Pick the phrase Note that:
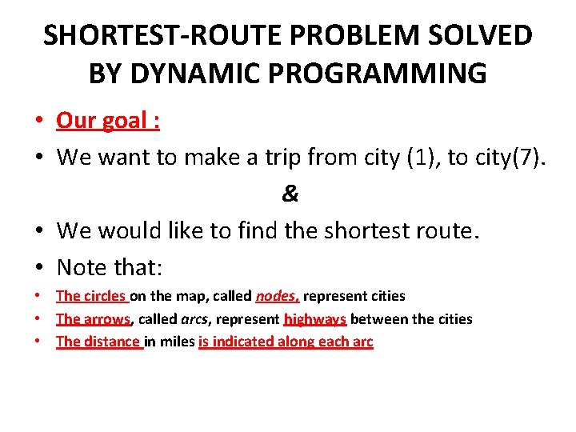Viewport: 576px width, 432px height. [110, 266]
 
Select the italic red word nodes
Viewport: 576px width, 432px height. [277, 296]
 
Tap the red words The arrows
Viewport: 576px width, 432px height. [93, 319]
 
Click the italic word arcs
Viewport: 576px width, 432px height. [194, 319]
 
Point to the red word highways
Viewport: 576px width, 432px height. [314, 319]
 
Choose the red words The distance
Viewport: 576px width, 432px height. [98, 342]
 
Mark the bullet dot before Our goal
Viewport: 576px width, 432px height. [38, 122]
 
